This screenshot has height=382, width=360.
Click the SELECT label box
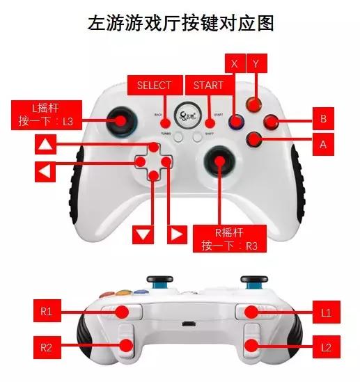[x=154, y=86]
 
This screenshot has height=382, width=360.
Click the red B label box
[x=322, y=119]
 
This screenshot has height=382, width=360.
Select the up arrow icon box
[x=45, y=145]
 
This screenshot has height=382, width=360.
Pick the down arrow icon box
[x=143, y=234]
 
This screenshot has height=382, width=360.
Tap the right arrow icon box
[x=178, y=234]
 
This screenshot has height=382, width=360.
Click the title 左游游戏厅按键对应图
[x=180, y=23]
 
